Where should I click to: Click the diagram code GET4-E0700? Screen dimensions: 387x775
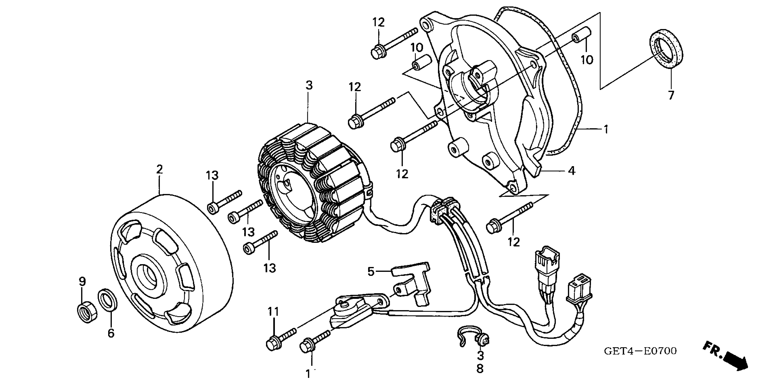(x=640, y=351)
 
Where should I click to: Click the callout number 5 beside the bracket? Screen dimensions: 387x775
(x=371, y=272)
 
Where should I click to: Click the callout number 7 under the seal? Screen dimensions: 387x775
(x=671, y=95)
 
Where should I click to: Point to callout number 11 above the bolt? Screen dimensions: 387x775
(x=274, y=312)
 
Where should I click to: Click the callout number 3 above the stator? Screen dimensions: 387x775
(x=309, y=85)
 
